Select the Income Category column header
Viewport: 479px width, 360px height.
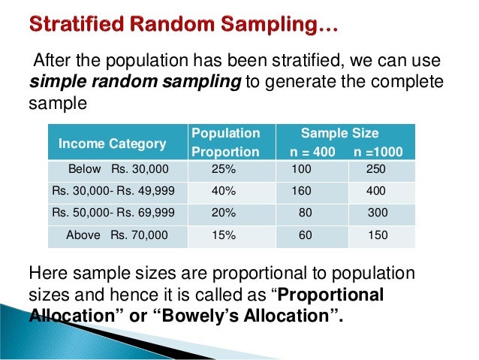click(113, 144)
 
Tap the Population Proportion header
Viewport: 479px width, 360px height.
click(226, 143)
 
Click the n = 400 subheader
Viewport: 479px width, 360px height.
click(314, 152)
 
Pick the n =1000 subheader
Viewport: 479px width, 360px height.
click(378, 152)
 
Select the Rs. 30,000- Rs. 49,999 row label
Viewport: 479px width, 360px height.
click(113, 191)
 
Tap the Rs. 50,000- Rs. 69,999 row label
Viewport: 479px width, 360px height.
click(113, 213)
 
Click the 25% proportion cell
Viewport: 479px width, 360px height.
click(224, 169)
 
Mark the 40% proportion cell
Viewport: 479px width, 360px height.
click(224, 191)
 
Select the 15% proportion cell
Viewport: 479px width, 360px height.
click(224, 235)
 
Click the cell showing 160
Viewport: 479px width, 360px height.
click(302, 191)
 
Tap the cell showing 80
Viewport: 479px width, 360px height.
click(305, 213)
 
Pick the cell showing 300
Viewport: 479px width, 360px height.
click(378, 213)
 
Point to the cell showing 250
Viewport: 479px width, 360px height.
click(376, 169)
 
